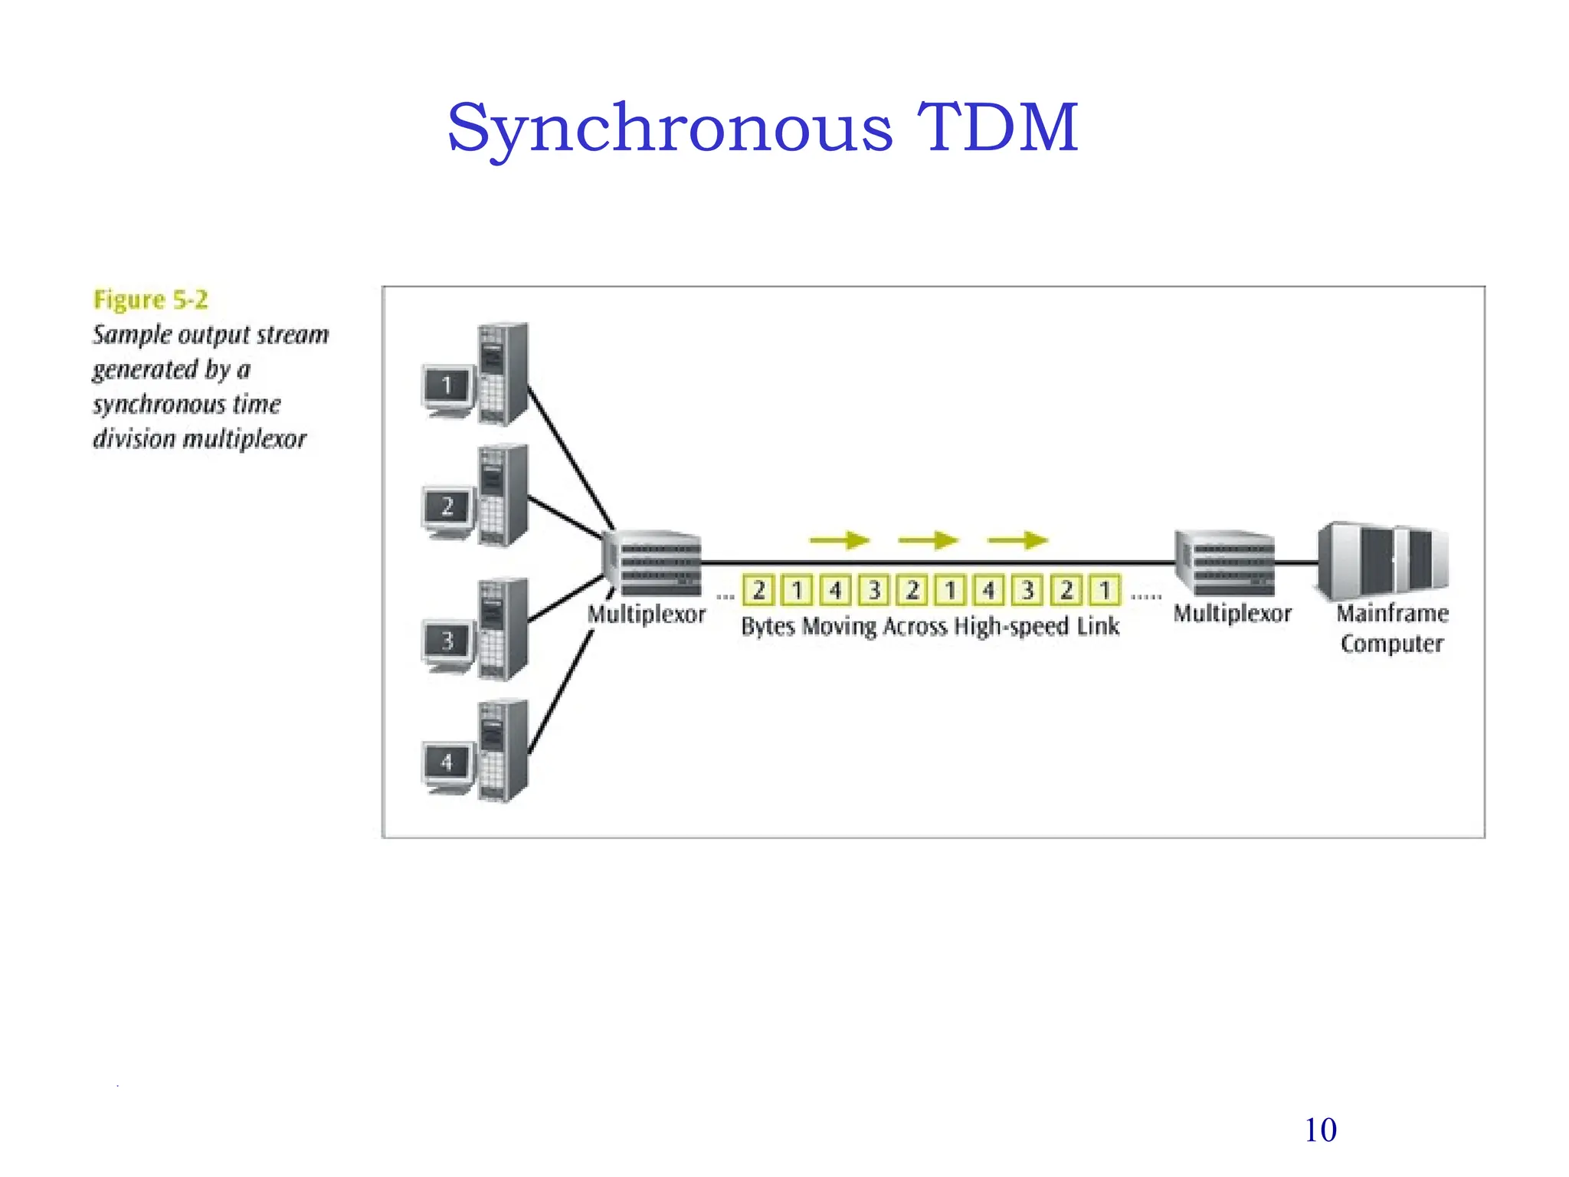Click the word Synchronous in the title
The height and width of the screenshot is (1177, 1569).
pyautogui.click(x=670, y=128)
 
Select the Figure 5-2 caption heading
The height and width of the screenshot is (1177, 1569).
pyautogui.click(x=150, y=300)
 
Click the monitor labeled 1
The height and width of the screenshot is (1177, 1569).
pyautogui.click(x=447, y=386)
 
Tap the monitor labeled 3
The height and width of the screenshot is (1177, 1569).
pyautogui.click(x=447, y=641)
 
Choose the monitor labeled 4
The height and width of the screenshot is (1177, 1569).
pyautogui.click(x=447, y=763)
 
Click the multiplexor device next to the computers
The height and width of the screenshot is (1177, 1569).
pyautogui.click(x=653, y=564)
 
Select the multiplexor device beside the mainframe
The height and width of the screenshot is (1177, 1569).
pyautogui.click(x=1225, y=564)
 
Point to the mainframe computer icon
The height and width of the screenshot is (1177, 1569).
pyautogui.click(x=1384, y=560)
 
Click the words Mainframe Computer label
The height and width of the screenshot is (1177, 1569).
pyautogui.click(x=1392, y=628)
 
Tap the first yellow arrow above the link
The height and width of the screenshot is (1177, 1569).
pyautogui.click(x=839, y=541)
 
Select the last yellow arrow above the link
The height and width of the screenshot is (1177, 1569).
pyautogui.click(x=1017, y=541)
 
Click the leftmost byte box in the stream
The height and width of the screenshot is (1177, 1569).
pyautogui.click(x=758, y=591)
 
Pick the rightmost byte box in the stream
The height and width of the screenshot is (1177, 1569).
pyautogui.click(x=1105, y=591)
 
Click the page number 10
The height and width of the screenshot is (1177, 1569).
pyautogui.click(x=1320, y=1130)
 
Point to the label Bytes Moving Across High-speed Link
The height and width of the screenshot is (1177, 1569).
pyautogui.click(x=930, y=627)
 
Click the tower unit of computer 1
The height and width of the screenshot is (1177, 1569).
pyautogui.click(x=503, y=374)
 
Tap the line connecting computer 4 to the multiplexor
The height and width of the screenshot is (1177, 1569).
pyautogui.click(x=559, y=693)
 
